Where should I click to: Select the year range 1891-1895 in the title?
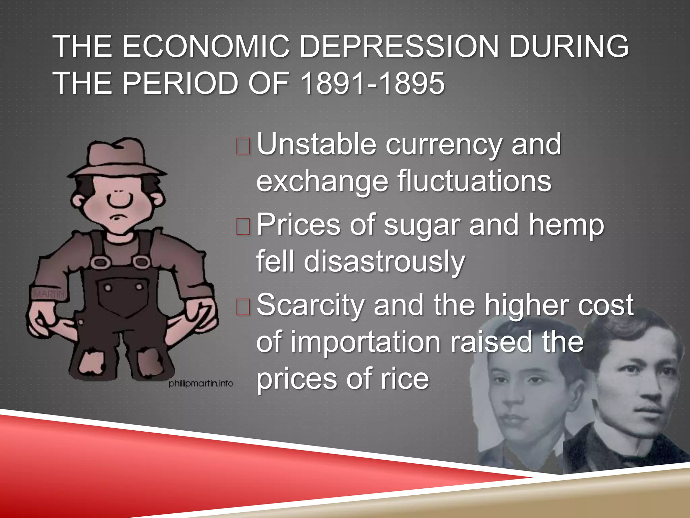[x=372, y=83]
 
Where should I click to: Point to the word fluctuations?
[x=474, y=181]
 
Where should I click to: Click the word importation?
[x=365, y=342]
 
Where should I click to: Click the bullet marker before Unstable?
[x=243, y=146]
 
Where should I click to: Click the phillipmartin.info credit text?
[x=201, y=383]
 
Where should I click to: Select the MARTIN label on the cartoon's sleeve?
[x=49, y=294]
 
